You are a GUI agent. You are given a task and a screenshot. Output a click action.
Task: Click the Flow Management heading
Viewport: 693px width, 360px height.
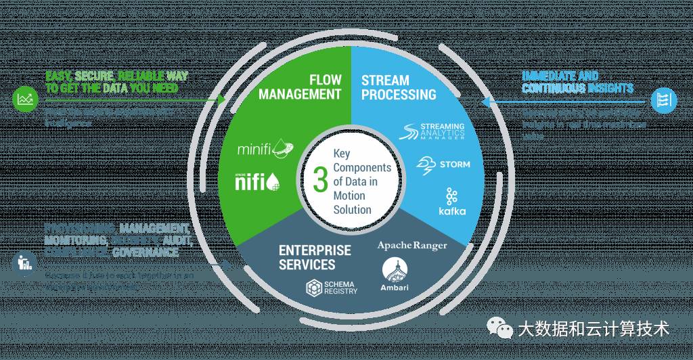308,87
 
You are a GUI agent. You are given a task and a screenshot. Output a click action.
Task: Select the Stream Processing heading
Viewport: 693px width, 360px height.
399,87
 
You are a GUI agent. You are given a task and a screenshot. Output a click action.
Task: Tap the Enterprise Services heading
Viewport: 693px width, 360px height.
315,256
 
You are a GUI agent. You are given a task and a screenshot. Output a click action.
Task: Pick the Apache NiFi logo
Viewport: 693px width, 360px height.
254,181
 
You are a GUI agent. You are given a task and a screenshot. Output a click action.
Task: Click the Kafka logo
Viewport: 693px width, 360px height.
452,201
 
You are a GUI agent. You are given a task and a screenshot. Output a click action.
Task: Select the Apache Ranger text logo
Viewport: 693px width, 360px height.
411,245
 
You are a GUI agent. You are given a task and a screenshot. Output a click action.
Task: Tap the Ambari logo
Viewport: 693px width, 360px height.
395,275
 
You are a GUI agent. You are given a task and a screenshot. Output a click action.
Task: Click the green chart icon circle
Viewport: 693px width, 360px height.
24,100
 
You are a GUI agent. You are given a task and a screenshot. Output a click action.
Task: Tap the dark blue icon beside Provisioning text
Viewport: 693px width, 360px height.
24,262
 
